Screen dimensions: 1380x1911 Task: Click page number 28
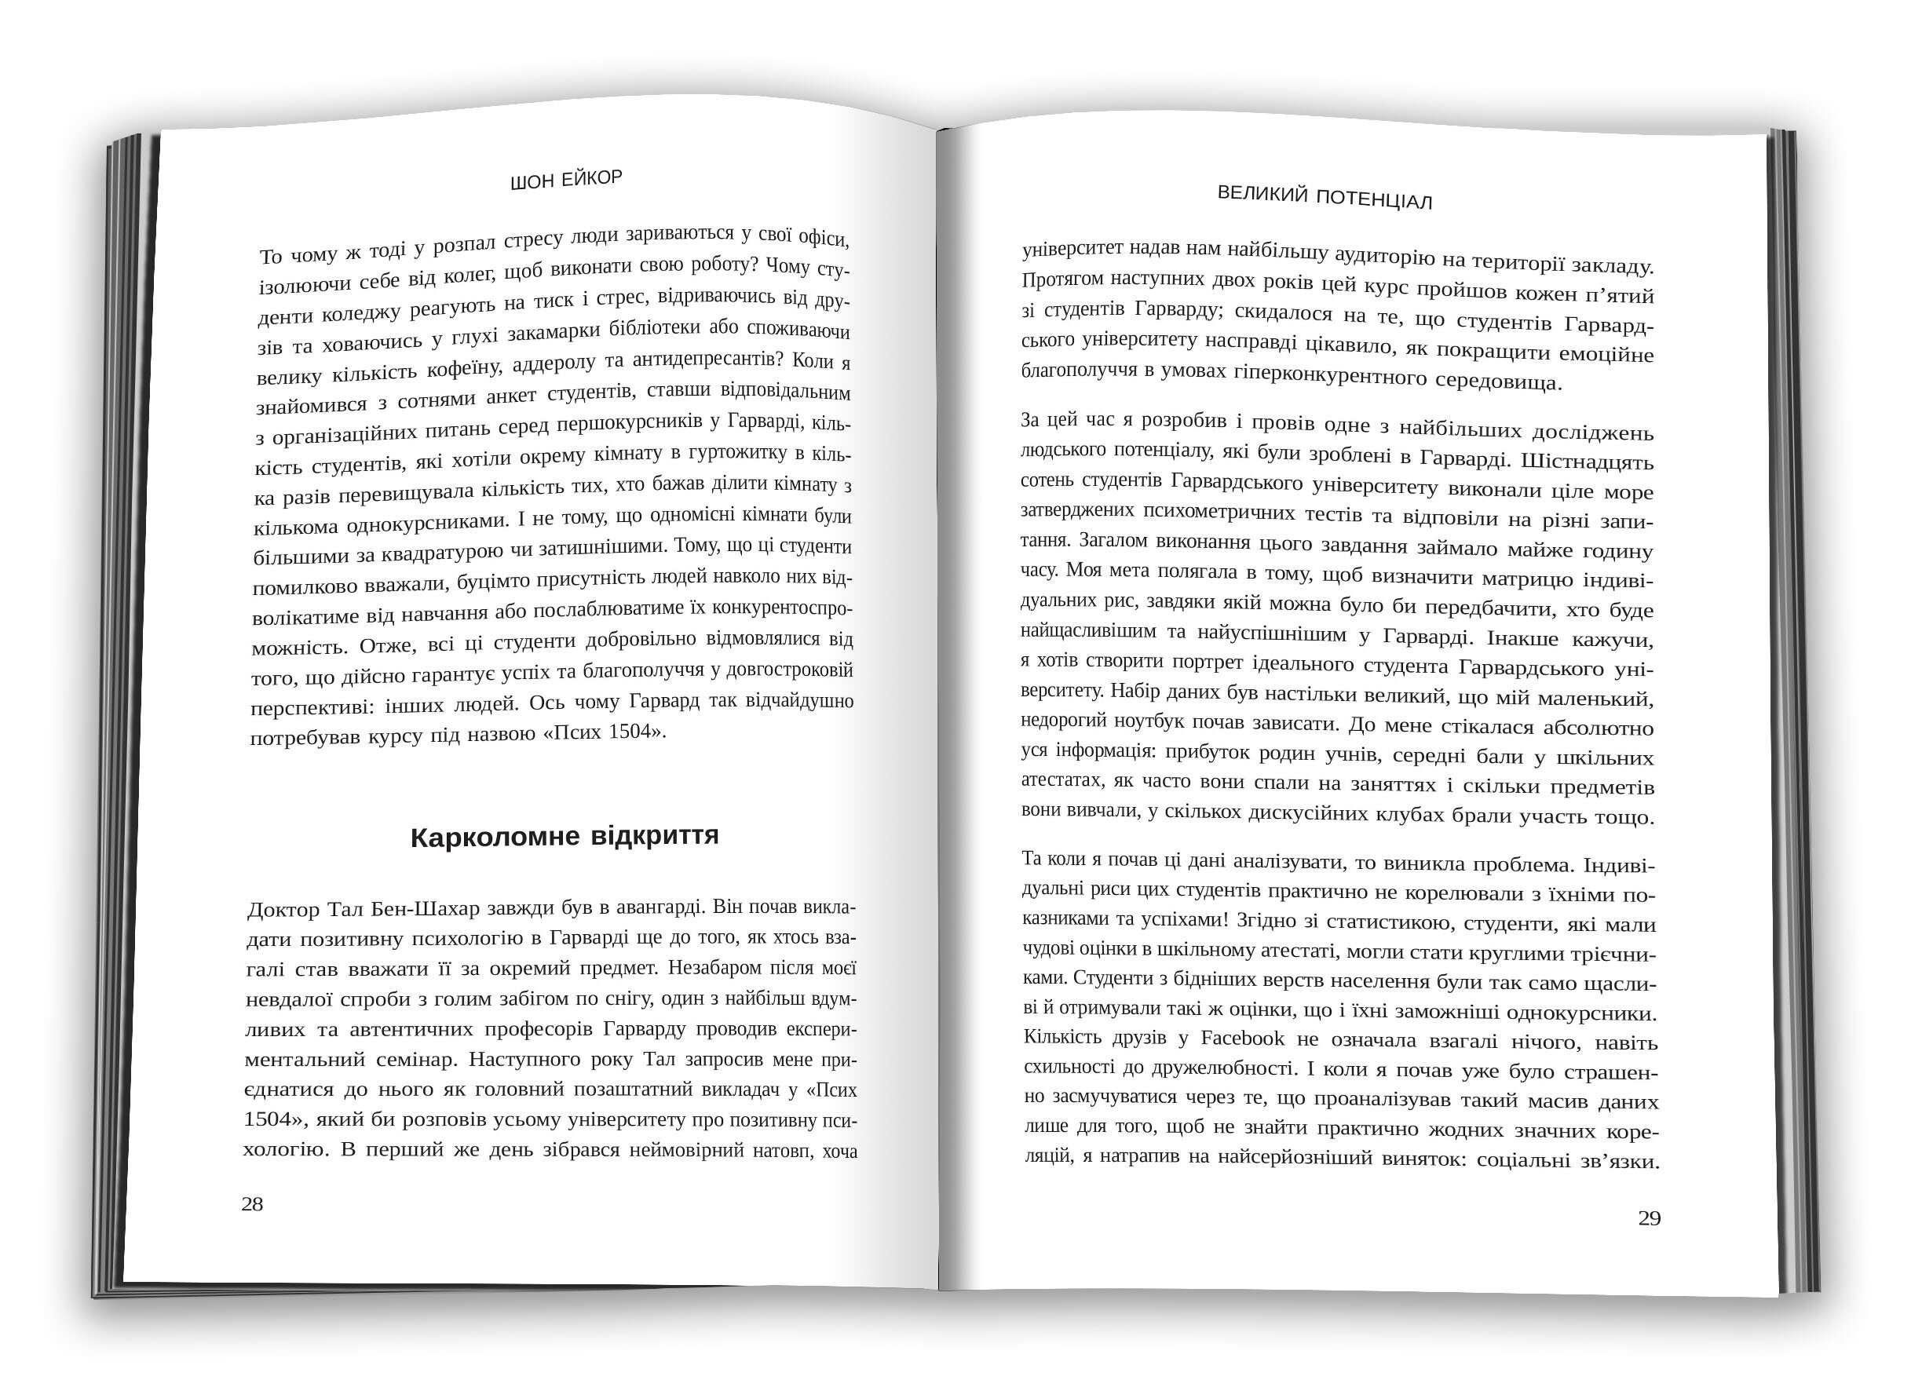[252, 1204]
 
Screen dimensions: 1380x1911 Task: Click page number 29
[1649, 1218]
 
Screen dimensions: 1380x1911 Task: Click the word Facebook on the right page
[1243, 1038]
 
